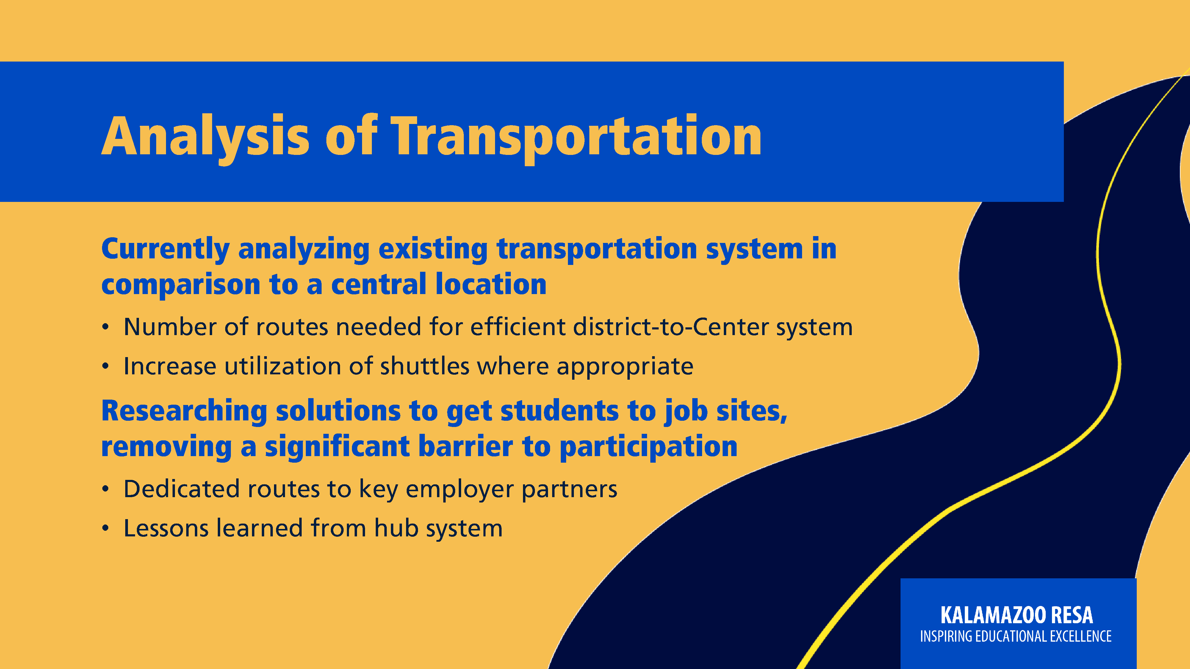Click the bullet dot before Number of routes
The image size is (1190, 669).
[106, 327]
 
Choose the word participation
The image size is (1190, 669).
[649, 448]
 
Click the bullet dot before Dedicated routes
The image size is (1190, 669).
[106, 489]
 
